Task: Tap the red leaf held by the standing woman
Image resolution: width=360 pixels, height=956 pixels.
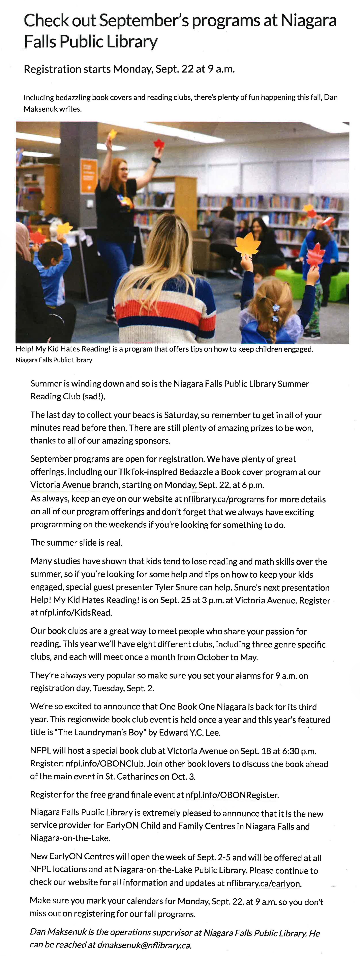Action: pyautogui.click(x=159, y=143)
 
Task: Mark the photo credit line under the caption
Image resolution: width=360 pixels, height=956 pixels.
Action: pyautogui.click(x=54, y=360)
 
